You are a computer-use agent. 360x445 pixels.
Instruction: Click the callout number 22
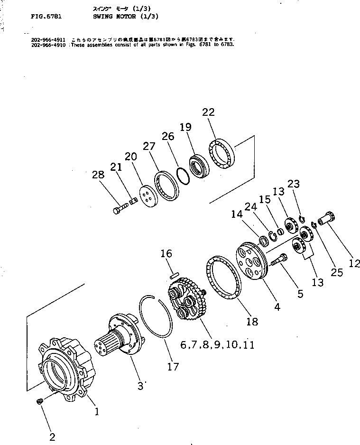(208, 112)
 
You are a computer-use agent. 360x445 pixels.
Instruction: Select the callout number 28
(98, 175)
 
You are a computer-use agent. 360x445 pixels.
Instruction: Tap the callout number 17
(174, 367)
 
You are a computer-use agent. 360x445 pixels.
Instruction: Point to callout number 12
(354, 263)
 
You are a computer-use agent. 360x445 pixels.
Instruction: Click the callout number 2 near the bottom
(52, 437)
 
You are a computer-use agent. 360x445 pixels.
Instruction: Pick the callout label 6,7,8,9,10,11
(217, 345)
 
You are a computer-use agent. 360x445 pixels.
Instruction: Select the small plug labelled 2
(40, 402)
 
